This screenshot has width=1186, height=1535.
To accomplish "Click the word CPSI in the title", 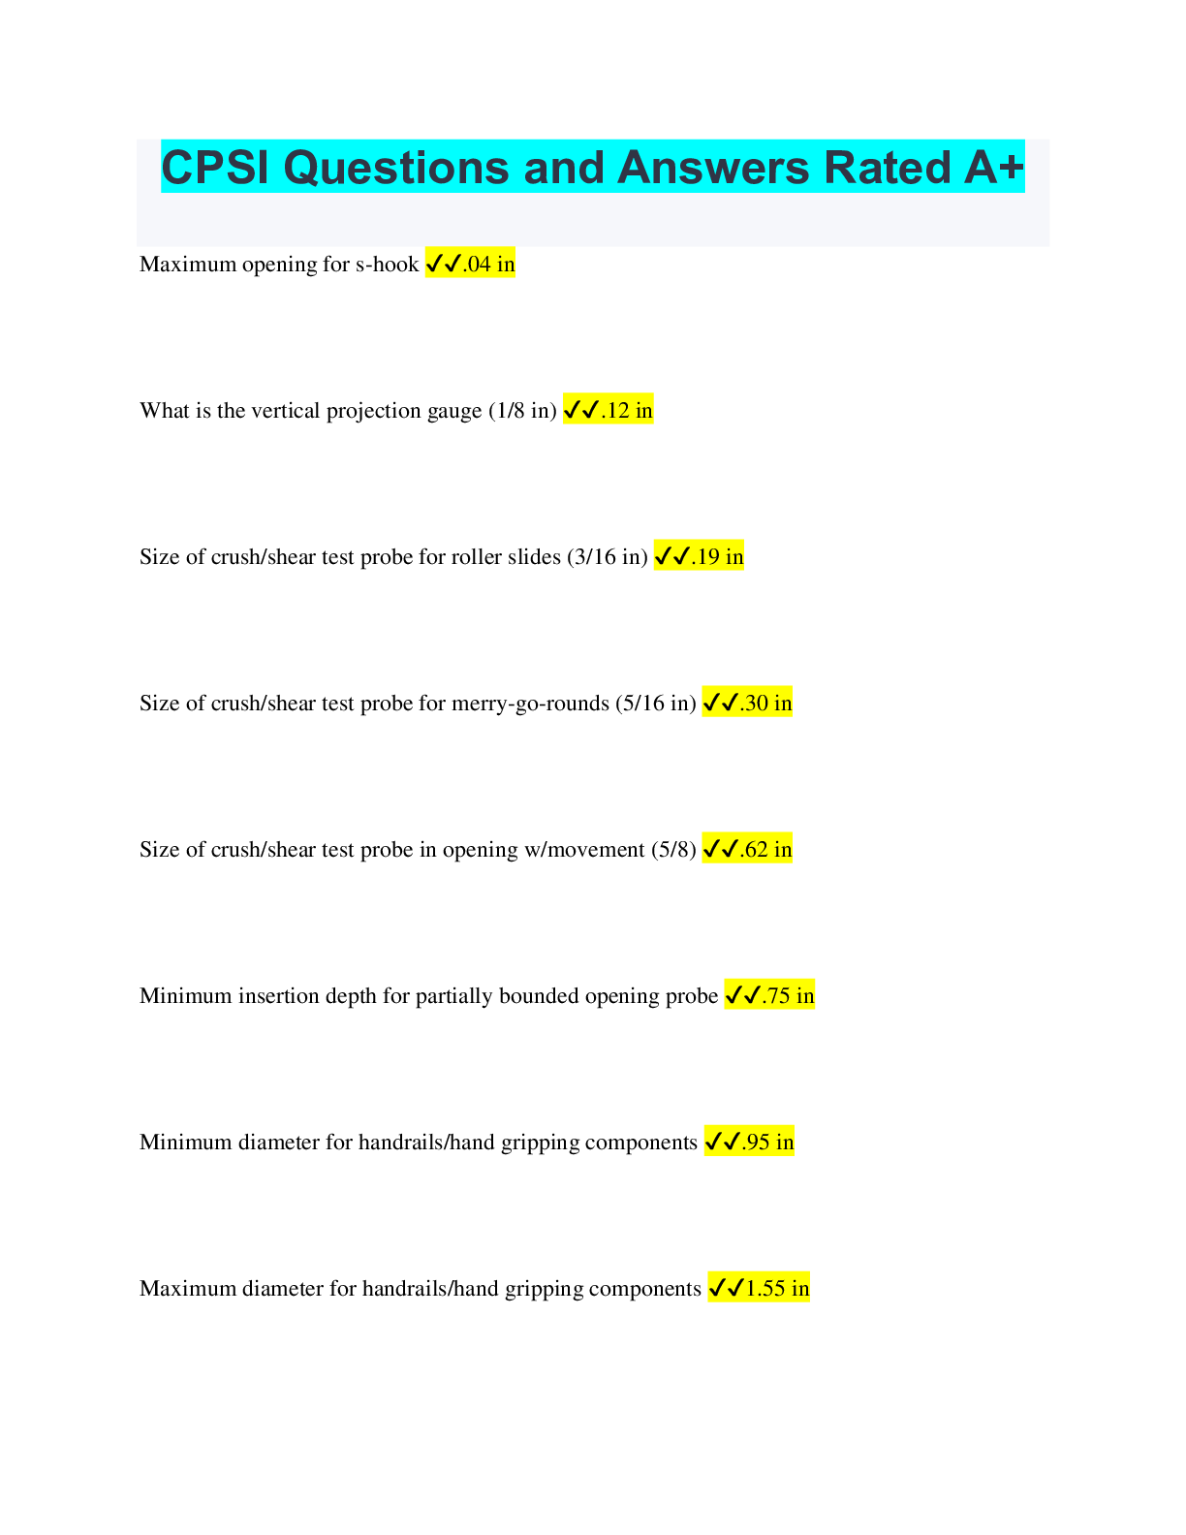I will tap(215, 168).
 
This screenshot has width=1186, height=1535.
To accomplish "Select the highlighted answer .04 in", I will tap(489, 265).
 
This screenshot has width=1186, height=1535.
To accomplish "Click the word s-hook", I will tap(388, 265).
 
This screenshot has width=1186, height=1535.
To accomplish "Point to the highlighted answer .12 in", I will tap(627, 411).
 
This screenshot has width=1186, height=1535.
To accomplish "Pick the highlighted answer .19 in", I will tap(718, 557).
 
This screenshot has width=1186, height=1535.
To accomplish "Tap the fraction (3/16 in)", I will tap(608, 557).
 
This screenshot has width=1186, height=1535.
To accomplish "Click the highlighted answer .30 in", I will tap(765, 704).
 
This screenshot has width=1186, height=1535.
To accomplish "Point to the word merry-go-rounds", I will tap(530, 704).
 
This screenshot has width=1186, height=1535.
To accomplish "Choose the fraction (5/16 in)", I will tap(656, 704).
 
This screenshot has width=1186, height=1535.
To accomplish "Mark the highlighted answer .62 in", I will tap(765, 850).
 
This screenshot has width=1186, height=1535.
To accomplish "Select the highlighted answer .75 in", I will tap(789, 996).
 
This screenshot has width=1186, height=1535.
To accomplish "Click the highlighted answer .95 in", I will tap(767, 1143).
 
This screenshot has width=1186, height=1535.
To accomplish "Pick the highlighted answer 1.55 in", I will tap(777, 1289).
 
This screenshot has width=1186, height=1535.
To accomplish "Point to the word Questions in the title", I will tap(396, 168).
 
